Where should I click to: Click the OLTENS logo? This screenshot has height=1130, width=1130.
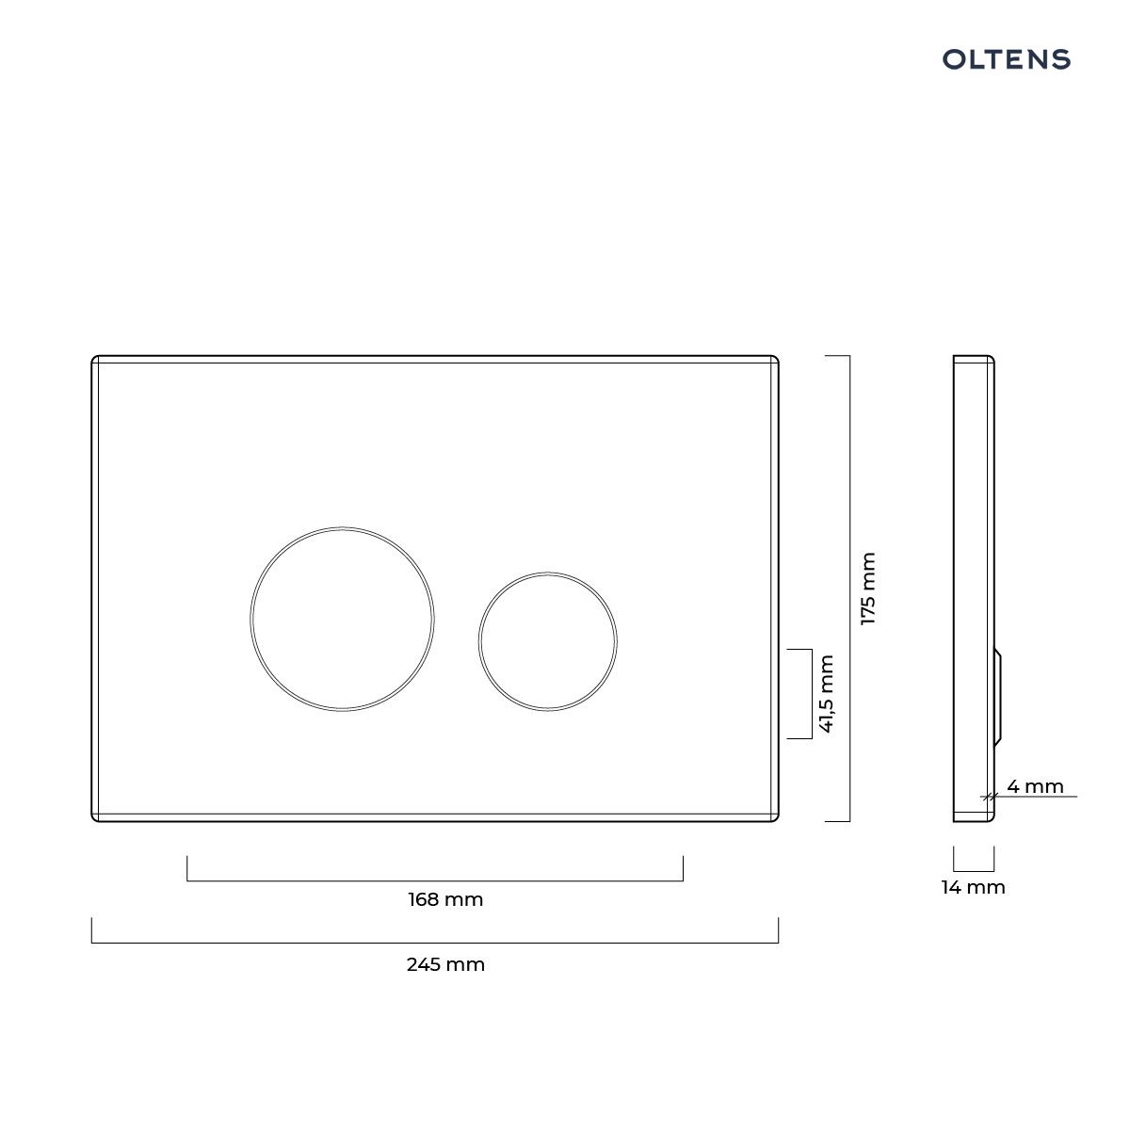coord(1006,59)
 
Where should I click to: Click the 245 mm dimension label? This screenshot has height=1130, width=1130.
coord(445,964)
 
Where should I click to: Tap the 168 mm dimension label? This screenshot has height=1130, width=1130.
coord(445,899)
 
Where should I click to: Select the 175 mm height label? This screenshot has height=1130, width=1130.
coord(867,589)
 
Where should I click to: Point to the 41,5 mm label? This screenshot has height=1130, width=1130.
coord(826,693)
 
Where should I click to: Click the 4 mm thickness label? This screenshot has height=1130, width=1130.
coord(1035,786)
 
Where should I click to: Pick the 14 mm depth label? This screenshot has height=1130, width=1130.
coord(974,887)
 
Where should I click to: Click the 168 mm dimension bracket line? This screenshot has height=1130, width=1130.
coord(434,880)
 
